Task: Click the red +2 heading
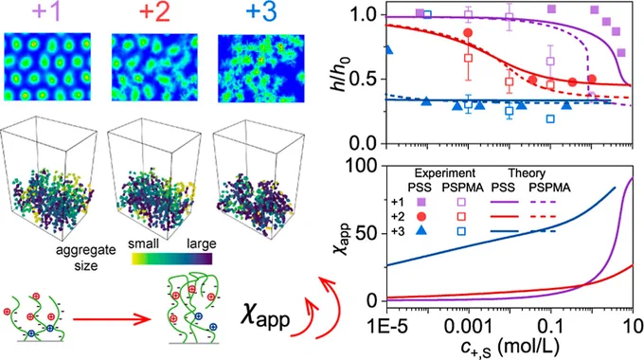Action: click(x=154, y=11)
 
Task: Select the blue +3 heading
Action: click(x=261, y=11)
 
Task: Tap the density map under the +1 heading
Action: click(x=47, y=67)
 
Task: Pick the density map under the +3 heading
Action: click(x=261, y=68)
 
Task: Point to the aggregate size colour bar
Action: click(x=172, y=259)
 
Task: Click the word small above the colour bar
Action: click(x=143, y=243)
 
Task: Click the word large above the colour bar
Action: click(x=201, y=244)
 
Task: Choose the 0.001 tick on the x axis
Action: click(x=469, y=327)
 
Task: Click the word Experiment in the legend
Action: click(x=445, y=173)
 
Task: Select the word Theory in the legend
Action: click(x=527, y=173)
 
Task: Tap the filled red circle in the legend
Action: click(x=421, y=217)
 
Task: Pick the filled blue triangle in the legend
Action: click(x=421, y=231)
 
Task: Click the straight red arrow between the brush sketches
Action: click(x=112, y=319)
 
